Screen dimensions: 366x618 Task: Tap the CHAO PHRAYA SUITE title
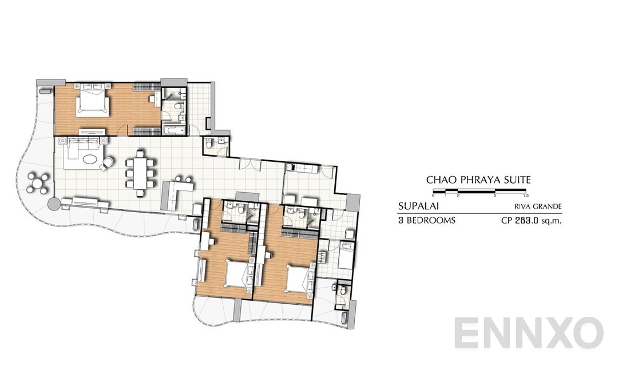tap(478, 180)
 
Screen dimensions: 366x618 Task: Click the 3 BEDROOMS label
tap(426, 220)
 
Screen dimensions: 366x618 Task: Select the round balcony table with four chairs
tap(38, 183)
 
